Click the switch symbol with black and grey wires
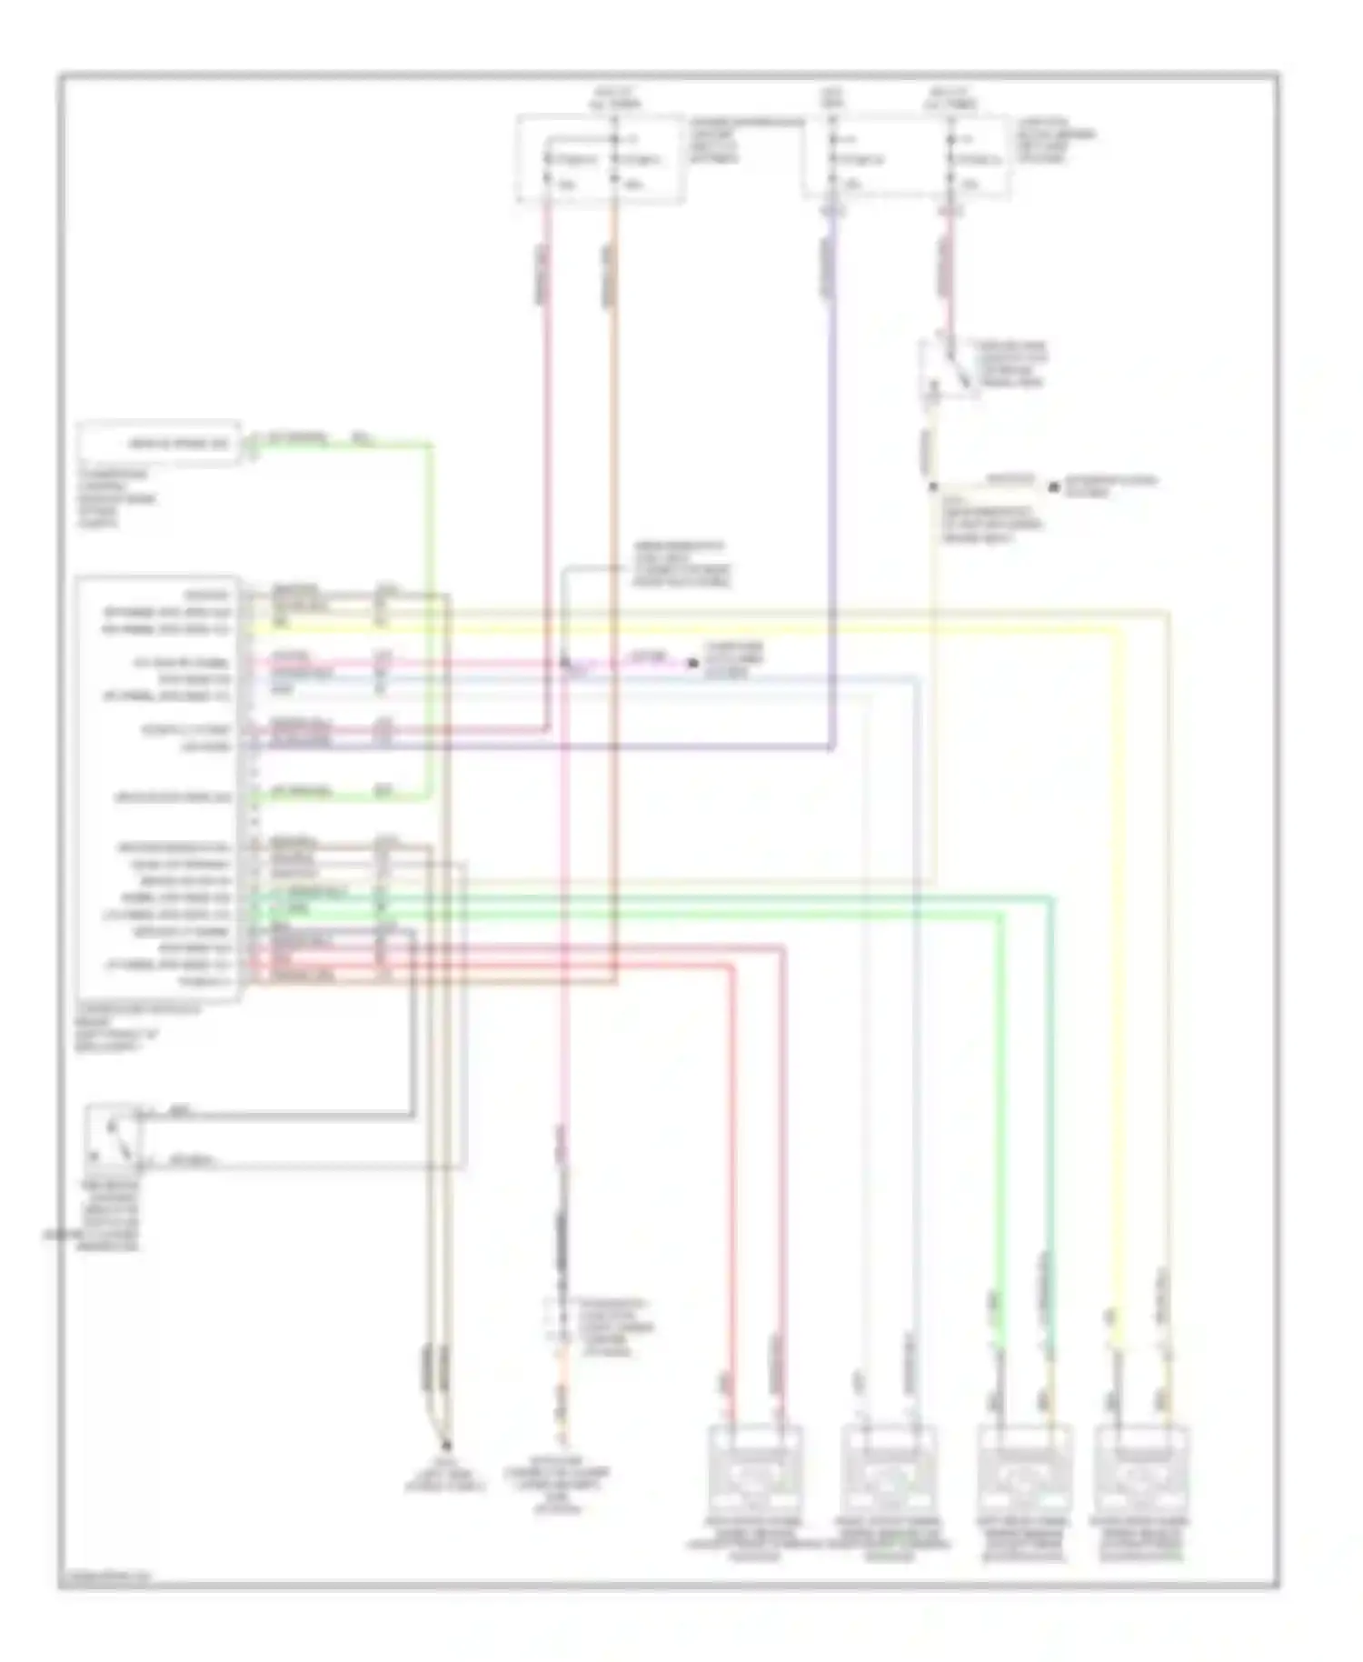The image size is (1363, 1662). click(x=114, y=1136)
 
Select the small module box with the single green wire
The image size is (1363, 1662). click(x=160, y=444)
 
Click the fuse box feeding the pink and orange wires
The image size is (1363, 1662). click(x=600, y=157)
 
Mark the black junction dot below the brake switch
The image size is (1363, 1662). click(x=933, y=487)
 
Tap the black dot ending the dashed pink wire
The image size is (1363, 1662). click(x=692, y=663)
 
